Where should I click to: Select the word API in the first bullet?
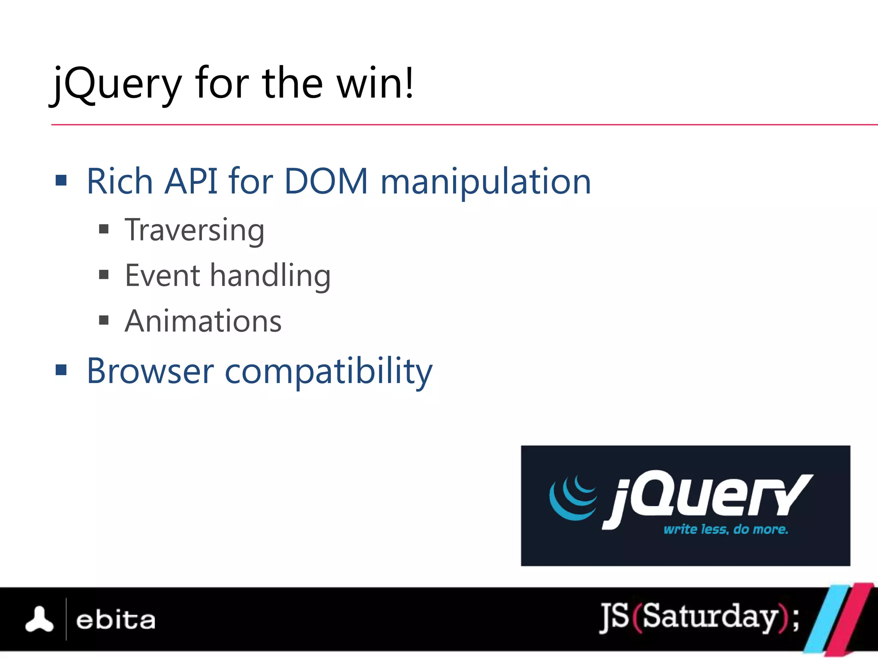(x=191, y=182)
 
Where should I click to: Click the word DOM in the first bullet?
(x=326, y=182)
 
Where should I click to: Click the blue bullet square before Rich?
(x=61, y=180)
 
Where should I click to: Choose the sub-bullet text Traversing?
(x=194, y=230)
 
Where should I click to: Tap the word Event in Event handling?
(x=162, y=275)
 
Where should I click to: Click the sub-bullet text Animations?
(x=203, y=321)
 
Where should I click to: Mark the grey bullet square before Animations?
(x=104, y=320)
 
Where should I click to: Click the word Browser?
(x=150, y=371)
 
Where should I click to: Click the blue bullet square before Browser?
(x=61, y=369)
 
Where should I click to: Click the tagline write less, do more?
(x=725, y=529)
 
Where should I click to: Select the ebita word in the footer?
(x=115, y=620)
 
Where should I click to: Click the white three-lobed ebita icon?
(x=39, y=619)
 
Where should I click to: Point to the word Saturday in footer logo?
(x=710, y=617)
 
